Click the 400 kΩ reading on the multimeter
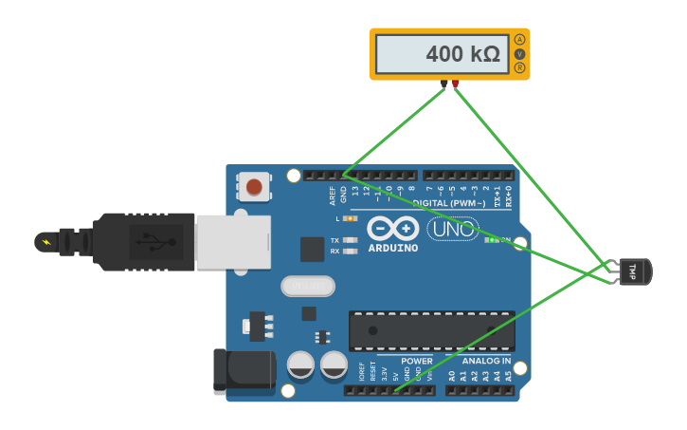[461, 54]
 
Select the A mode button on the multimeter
[519, 40]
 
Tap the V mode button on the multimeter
[519, 54]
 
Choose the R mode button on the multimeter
[519, 68]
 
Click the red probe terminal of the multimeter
[456, 84]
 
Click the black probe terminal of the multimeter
[443, 84]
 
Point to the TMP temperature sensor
[631, 271]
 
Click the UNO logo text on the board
[453, 229]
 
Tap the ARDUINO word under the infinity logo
[392, 248]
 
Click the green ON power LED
[491, 240]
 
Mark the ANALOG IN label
[486, 361]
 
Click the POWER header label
[416, 361]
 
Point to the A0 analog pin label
[451, 376]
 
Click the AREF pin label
[333, 195]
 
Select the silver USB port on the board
[233, 241]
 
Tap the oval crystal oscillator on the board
[308, 286]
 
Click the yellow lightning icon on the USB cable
[45, 241]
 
